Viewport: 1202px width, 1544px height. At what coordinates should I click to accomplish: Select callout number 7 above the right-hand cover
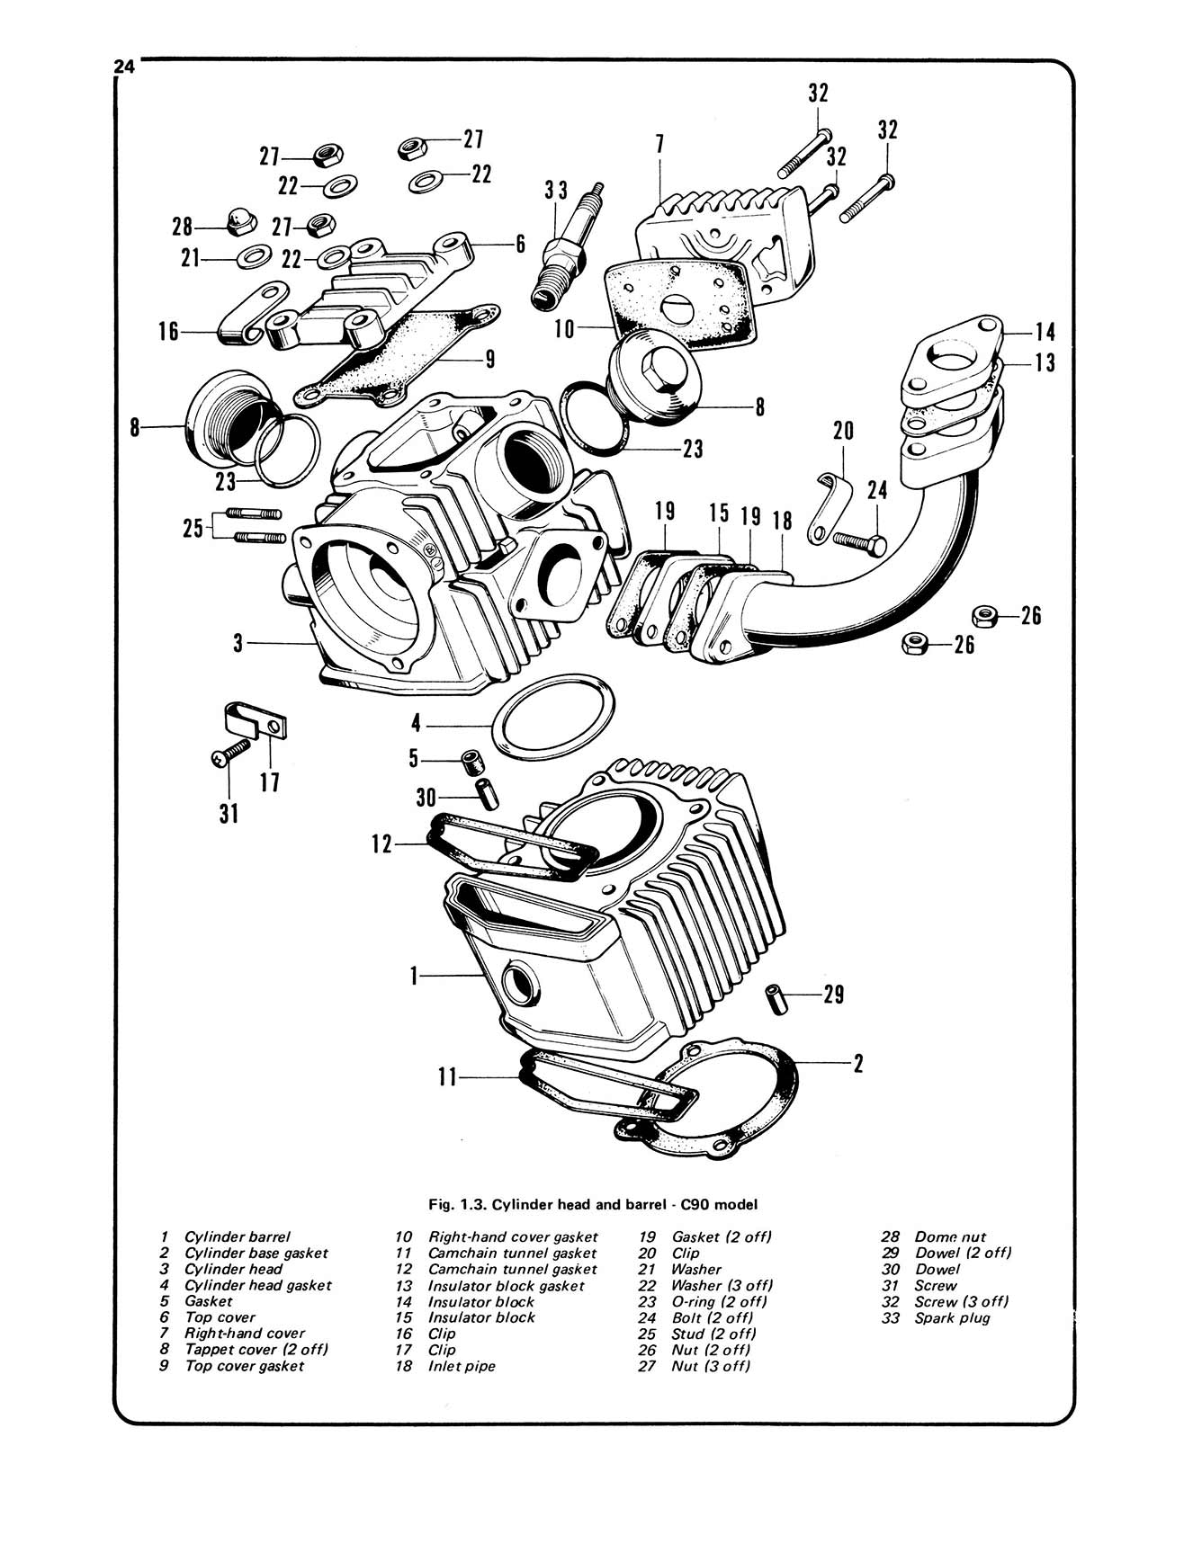tap(659, 145)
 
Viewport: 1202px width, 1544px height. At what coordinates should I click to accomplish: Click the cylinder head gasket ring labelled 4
tap(554, 721)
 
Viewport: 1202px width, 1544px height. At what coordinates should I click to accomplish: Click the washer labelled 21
tap(252, 259)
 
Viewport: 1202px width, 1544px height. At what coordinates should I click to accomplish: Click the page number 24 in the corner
tap(123, 67)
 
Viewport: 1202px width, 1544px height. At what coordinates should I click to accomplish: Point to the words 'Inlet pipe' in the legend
tap(462, 1366)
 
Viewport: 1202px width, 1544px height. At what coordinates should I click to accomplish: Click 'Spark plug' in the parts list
tap(952, 1317)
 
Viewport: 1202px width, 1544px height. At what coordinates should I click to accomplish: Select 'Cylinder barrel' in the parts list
tap(238, 1236)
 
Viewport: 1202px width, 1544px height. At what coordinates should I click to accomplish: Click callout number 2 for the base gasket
tap(858, 1063)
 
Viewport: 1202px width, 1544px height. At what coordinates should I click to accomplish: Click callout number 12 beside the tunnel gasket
tap(383, 843)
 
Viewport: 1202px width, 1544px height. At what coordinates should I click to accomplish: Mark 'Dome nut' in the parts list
tap(950, 1236)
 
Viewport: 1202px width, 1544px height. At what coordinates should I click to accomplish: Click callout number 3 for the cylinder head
tap(238, 643)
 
